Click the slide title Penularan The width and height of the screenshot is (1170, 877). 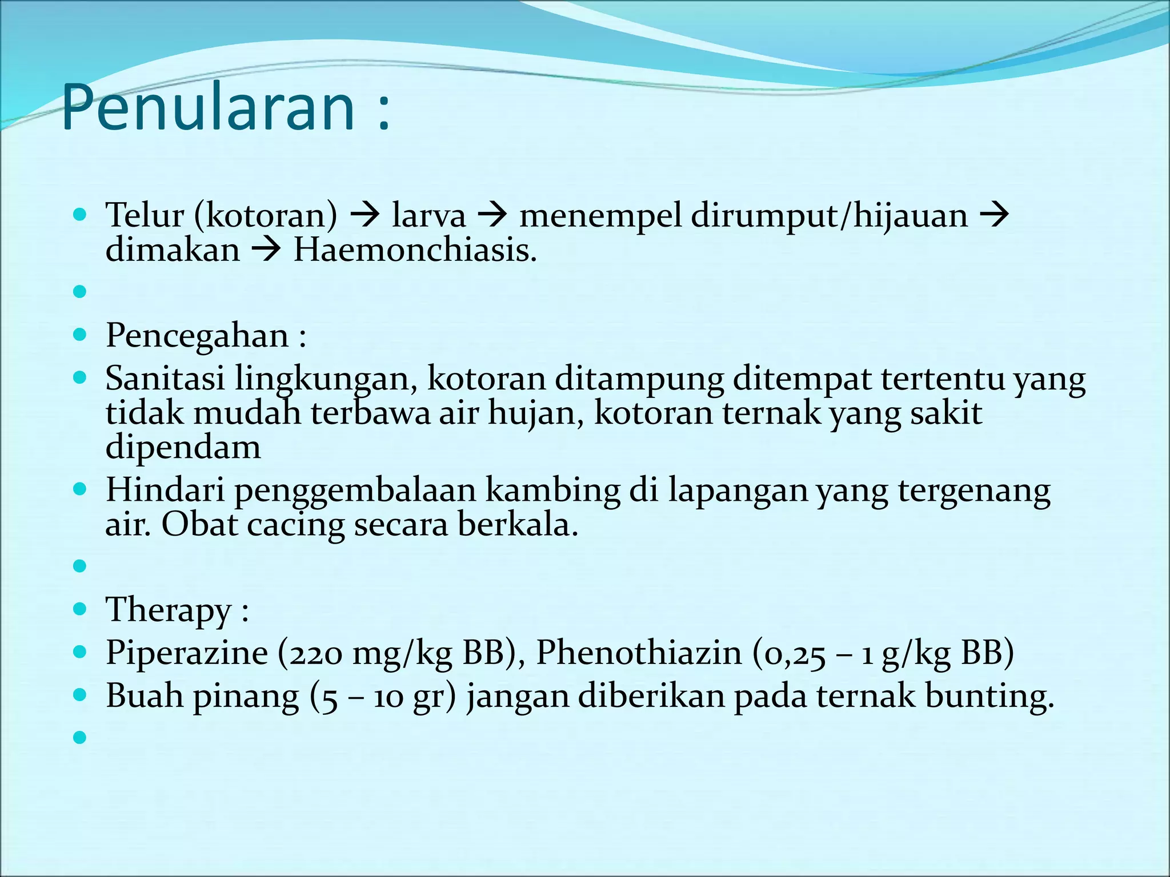point(209,107)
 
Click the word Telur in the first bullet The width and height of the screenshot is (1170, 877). point(145,216)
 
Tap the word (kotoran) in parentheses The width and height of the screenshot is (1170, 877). point(266,216)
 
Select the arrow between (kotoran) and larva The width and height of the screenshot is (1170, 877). point(364,216)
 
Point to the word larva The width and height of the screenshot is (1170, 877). point(428,216)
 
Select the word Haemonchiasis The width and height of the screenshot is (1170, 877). point(414,250)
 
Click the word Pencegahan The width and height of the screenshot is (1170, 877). point(197,336)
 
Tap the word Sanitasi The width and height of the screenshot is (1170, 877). point(165,379)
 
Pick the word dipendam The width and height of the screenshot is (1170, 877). point(183,447)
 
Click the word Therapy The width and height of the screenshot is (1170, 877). point(168,610)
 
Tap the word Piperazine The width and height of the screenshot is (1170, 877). point(187,653)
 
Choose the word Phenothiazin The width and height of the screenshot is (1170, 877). point(639,653)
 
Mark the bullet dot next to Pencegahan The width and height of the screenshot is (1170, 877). point(80,335)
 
